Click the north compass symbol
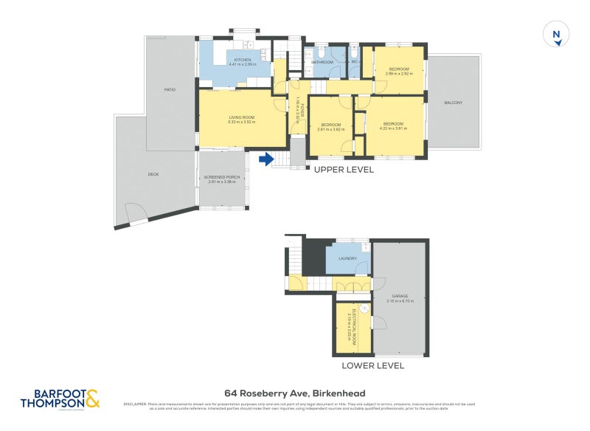557,35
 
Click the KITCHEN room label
243,60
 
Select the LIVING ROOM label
241,118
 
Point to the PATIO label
170,89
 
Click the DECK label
153,174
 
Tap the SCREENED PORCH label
222,177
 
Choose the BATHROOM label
322,63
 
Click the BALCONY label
454,103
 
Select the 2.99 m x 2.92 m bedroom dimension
399,74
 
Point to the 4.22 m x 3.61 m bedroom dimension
392,128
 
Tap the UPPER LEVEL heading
344,170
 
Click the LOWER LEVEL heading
372,365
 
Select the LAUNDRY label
347,259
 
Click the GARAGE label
400,296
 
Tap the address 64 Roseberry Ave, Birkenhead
295,393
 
